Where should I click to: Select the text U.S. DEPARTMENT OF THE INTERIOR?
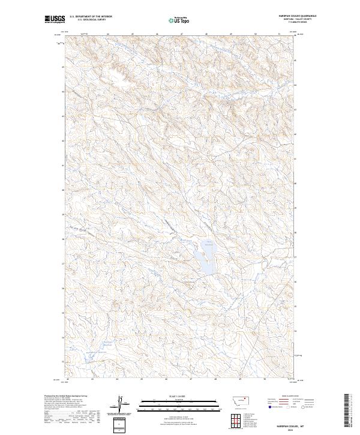tap(91, 16)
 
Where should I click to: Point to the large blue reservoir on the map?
tap(203, 259)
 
